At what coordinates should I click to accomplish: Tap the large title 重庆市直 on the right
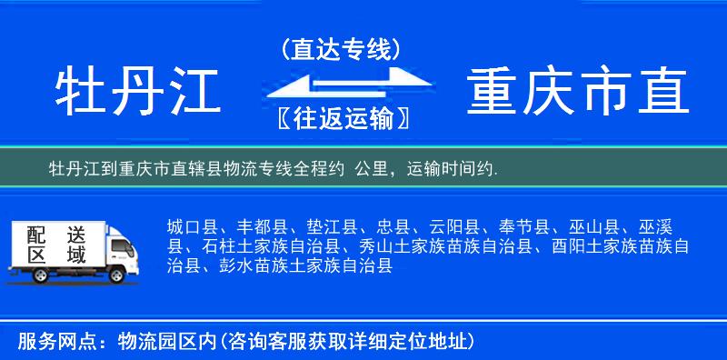tap(578, 92)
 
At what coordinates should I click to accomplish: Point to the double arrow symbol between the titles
tap(341, 84)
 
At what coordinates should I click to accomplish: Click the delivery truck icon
tap(77, 251)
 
